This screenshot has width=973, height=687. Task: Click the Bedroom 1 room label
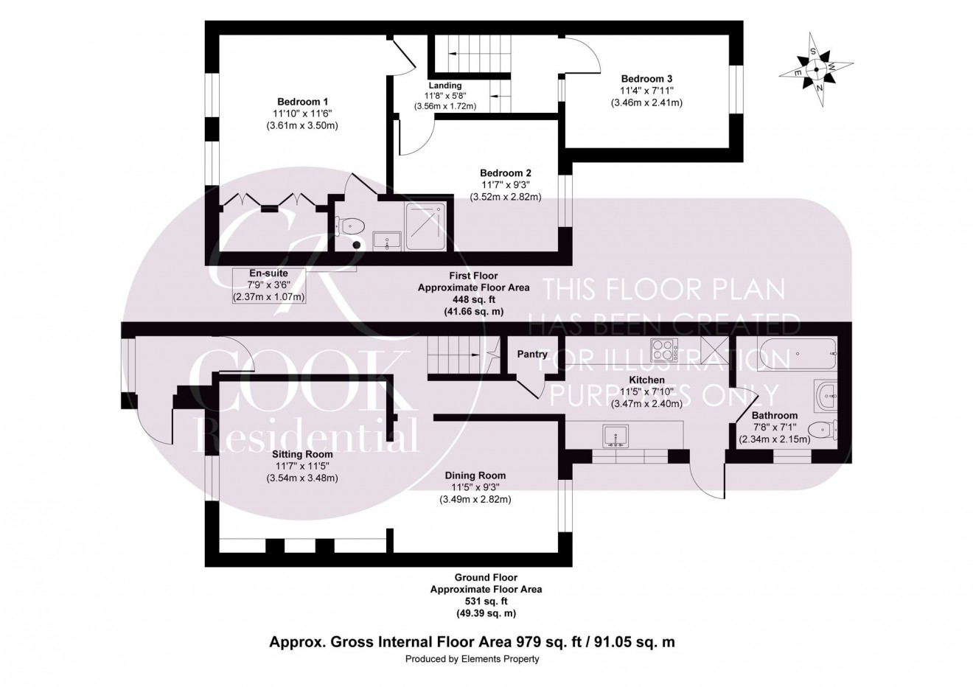pos(302,102)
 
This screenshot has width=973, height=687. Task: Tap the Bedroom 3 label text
pos(646,79)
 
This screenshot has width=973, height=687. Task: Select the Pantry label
pos(531,355)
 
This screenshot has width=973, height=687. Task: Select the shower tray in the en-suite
pos(425,226)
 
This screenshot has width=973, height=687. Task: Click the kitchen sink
pos(614,436)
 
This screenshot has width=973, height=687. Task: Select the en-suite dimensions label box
pos(269,285)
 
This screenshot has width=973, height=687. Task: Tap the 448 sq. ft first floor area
pos(472,300)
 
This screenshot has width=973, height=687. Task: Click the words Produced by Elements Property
pos(472,659)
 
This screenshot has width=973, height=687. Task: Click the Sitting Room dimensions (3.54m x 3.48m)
pos(302,478)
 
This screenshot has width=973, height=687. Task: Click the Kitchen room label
pos(647,380)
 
